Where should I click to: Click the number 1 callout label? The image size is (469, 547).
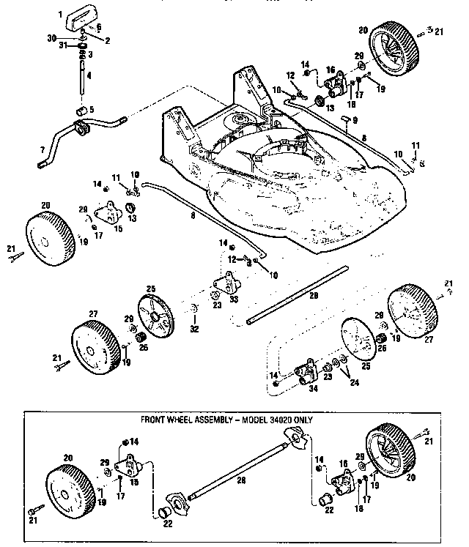pyautogui.click(x=60, y=13)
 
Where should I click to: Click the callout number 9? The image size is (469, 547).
pyautogui.click(x=355, y=120)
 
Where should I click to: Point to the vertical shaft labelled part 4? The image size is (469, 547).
pyautogui.click(x=80, y=77)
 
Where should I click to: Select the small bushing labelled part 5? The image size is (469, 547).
pyautogui.click(x=81, y=111)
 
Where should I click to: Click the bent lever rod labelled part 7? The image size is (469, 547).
pyautogui.click(x=73, y=135)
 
